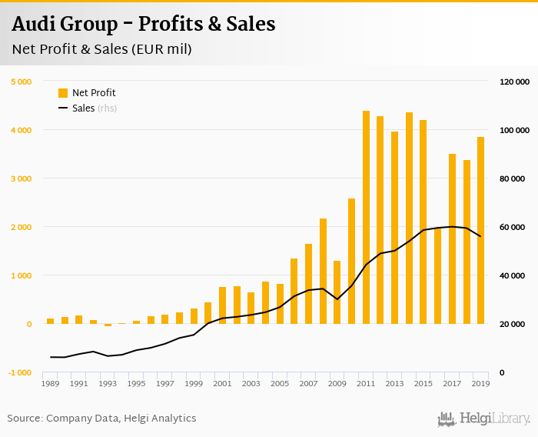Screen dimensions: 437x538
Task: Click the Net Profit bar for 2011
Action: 366,218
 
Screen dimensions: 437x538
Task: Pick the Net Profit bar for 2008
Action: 323,271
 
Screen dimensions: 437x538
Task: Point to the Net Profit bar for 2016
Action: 438,275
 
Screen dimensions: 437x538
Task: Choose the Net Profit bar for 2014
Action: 409,218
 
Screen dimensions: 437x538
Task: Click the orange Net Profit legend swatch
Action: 63,93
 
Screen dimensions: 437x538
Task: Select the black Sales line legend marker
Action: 63,108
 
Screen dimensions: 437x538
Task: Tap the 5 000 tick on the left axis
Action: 21,82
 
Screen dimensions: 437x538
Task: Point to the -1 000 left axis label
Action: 19,373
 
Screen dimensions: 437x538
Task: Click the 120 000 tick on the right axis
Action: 514,82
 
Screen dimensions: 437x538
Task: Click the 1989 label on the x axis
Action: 50,383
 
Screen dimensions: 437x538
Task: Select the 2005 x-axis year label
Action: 280,383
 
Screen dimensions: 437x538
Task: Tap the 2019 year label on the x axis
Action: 481,383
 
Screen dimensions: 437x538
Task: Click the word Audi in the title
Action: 36,24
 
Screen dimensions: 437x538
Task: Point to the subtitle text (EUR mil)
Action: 161,49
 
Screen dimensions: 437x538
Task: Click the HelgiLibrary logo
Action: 484,419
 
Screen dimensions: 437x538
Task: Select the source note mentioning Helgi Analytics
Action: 101,419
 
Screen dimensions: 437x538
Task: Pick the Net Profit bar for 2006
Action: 294,291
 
